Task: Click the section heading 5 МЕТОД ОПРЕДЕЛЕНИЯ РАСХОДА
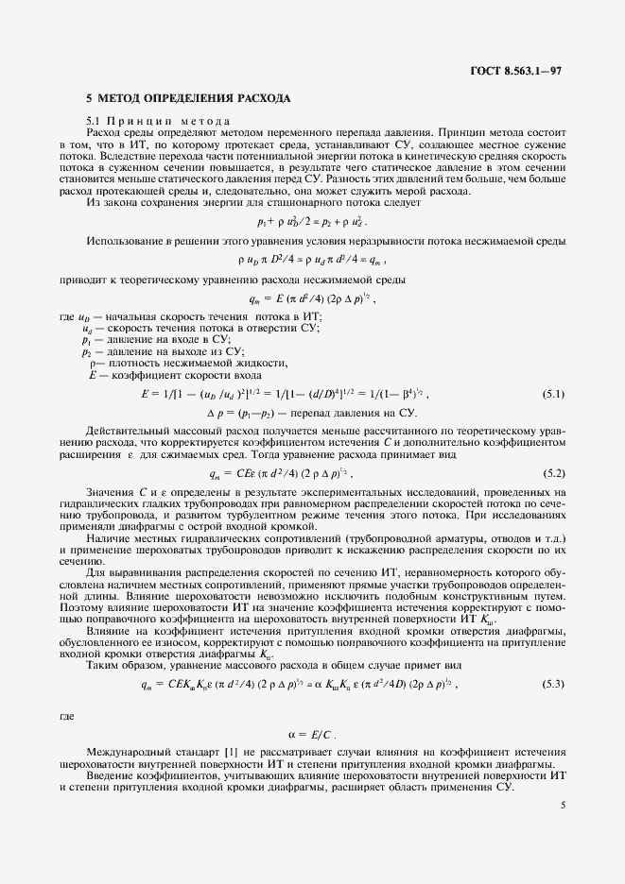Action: click(187, 98)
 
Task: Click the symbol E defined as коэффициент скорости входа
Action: click(93, 375)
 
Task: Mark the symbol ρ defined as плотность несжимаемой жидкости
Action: click(93, 363)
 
